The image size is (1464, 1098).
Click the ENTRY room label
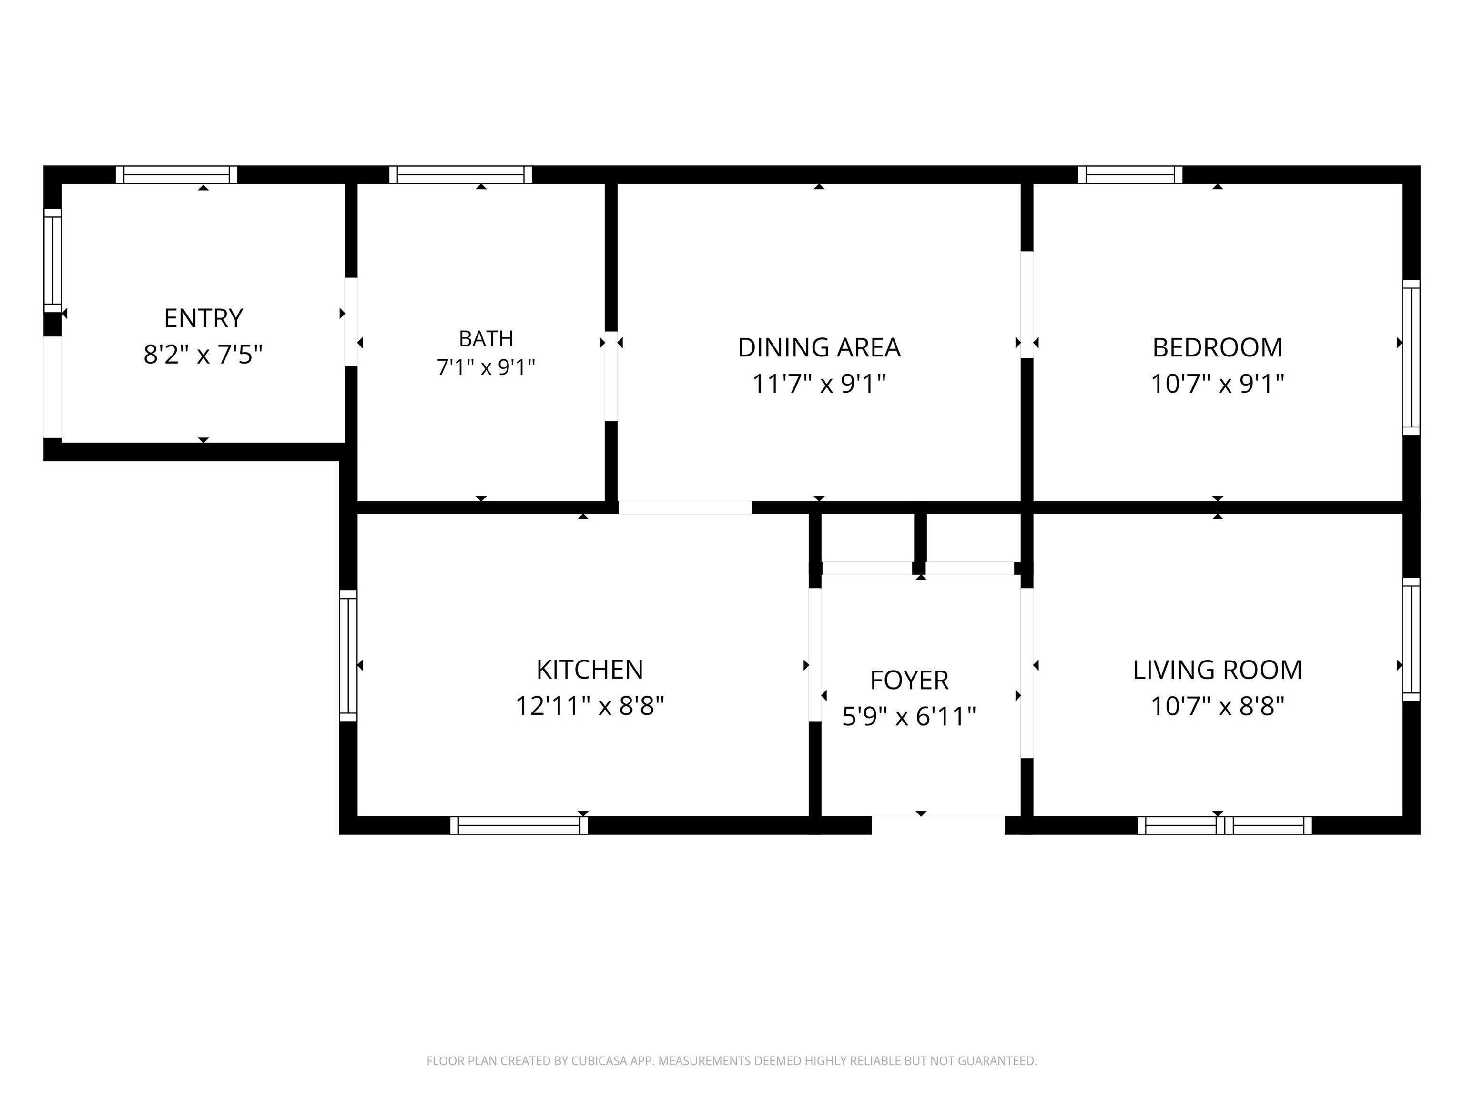pos(203,318)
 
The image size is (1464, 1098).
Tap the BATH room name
pos(486,338)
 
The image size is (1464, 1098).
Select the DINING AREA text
pos(819,347)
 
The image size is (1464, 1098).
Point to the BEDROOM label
pos(1217,347)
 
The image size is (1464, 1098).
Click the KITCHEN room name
pos(590,670)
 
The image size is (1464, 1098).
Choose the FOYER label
pos(909,681)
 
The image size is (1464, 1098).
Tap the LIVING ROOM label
pos(1217,670)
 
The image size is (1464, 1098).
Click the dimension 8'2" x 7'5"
pos(203,355)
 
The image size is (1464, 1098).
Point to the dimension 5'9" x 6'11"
pos(909,716)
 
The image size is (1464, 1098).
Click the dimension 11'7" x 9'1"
pos(819,384)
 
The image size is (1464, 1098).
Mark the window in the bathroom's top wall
pos(461,175)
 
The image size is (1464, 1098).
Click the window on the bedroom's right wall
pos(1412,357)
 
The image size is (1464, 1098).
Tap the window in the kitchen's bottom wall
pos(519,825)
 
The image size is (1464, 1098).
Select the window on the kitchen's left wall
pos(348,655)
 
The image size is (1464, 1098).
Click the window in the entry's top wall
pos(177,175)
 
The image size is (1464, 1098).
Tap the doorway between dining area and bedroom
pos(1027,305)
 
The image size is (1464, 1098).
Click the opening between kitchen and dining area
pos(685,508)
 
